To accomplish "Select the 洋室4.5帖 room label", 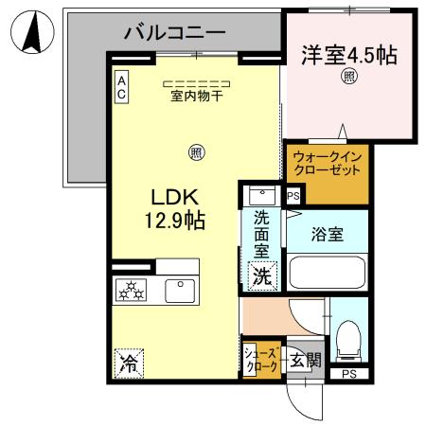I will click(348, 54).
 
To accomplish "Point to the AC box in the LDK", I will click(122, 89).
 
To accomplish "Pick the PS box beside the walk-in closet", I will click(293, 196).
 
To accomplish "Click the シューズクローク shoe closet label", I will click(262, 359).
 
